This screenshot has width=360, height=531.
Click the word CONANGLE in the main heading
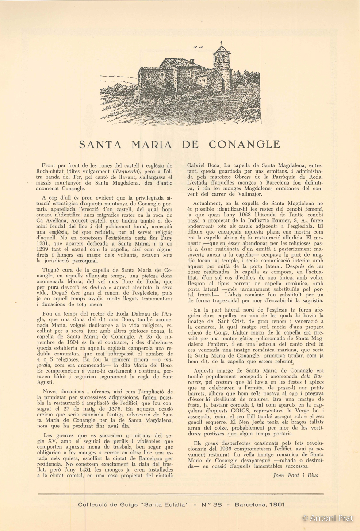[245, 144]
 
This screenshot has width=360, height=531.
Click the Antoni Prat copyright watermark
[329, 518]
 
